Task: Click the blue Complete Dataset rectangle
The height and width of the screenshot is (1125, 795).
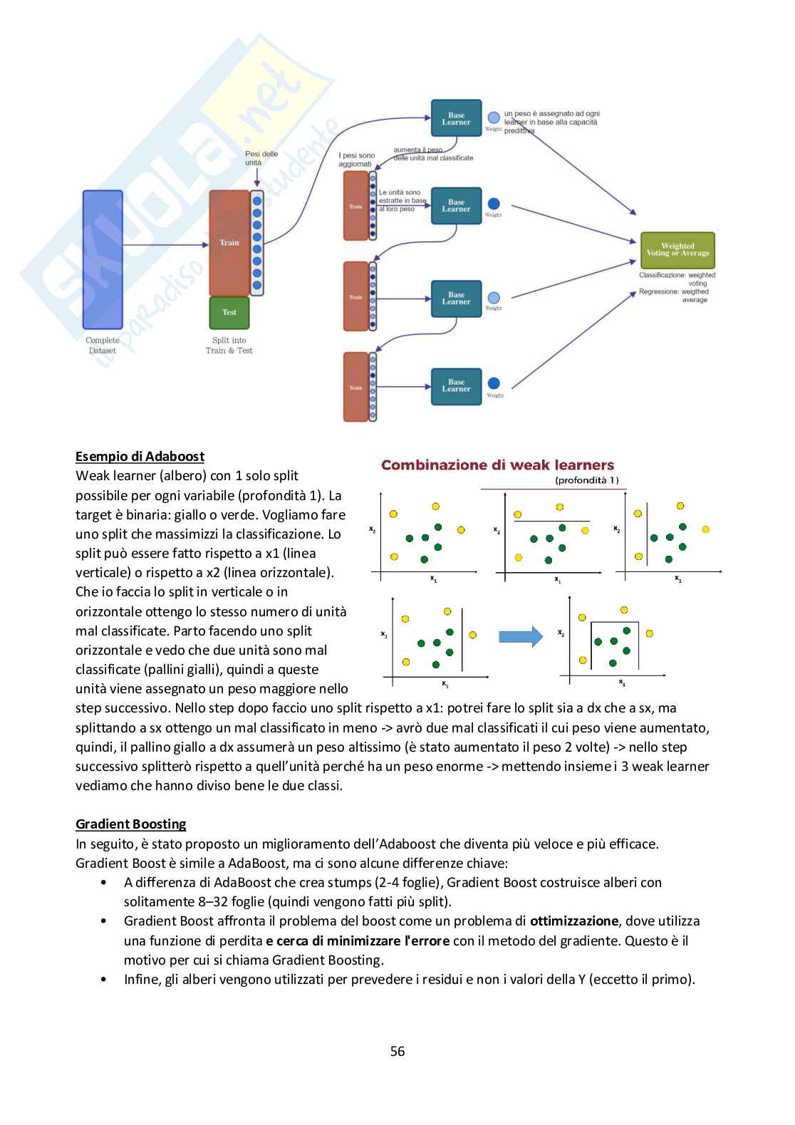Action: [x=103, y=259]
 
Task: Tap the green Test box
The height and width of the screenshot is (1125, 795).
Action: [x=229, y=312]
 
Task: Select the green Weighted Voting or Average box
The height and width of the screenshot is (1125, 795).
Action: [x=677, y=250]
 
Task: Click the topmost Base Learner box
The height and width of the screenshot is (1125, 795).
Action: [x=456, y=118]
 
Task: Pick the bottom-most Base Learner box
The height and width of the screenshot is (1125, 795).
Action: [x=456, y=386]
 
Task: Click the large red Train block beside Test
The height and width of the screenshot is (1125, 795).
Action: [x=229, y=243]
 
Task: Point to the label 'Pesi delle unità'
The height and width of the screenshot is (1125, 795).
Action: [x=261, y=158]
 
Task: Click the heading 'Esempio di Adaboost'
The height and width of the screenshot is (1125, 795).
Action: [x=140, y=457]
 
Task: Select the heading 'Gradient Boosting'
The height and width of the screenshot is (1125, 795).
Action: [x=131, y=824]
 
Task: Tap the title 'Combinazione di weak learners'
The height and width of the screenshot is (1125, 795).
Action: [x=497, y=465]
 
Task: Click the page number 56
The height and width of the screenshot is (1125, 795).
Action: [x=397, y=1051]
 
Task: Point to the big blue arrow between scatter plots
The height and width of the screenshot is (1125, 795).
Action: [x=520, y=636]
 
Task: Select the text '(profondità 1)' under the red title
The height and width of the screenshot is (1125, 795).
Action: [x=587, y=480]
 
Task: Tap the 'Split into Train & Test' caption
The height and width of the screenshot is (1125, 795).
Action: [x=229, y=346]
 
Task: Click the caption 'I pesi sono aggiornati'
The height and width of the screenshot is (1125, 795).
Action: [x=356, y=160]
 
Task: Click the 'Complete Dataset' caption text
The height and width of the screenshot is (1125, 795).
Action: [x=103, y=346]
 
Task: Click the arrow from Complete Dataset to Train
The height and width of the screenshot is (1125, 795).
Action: [x=165, y=245]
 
